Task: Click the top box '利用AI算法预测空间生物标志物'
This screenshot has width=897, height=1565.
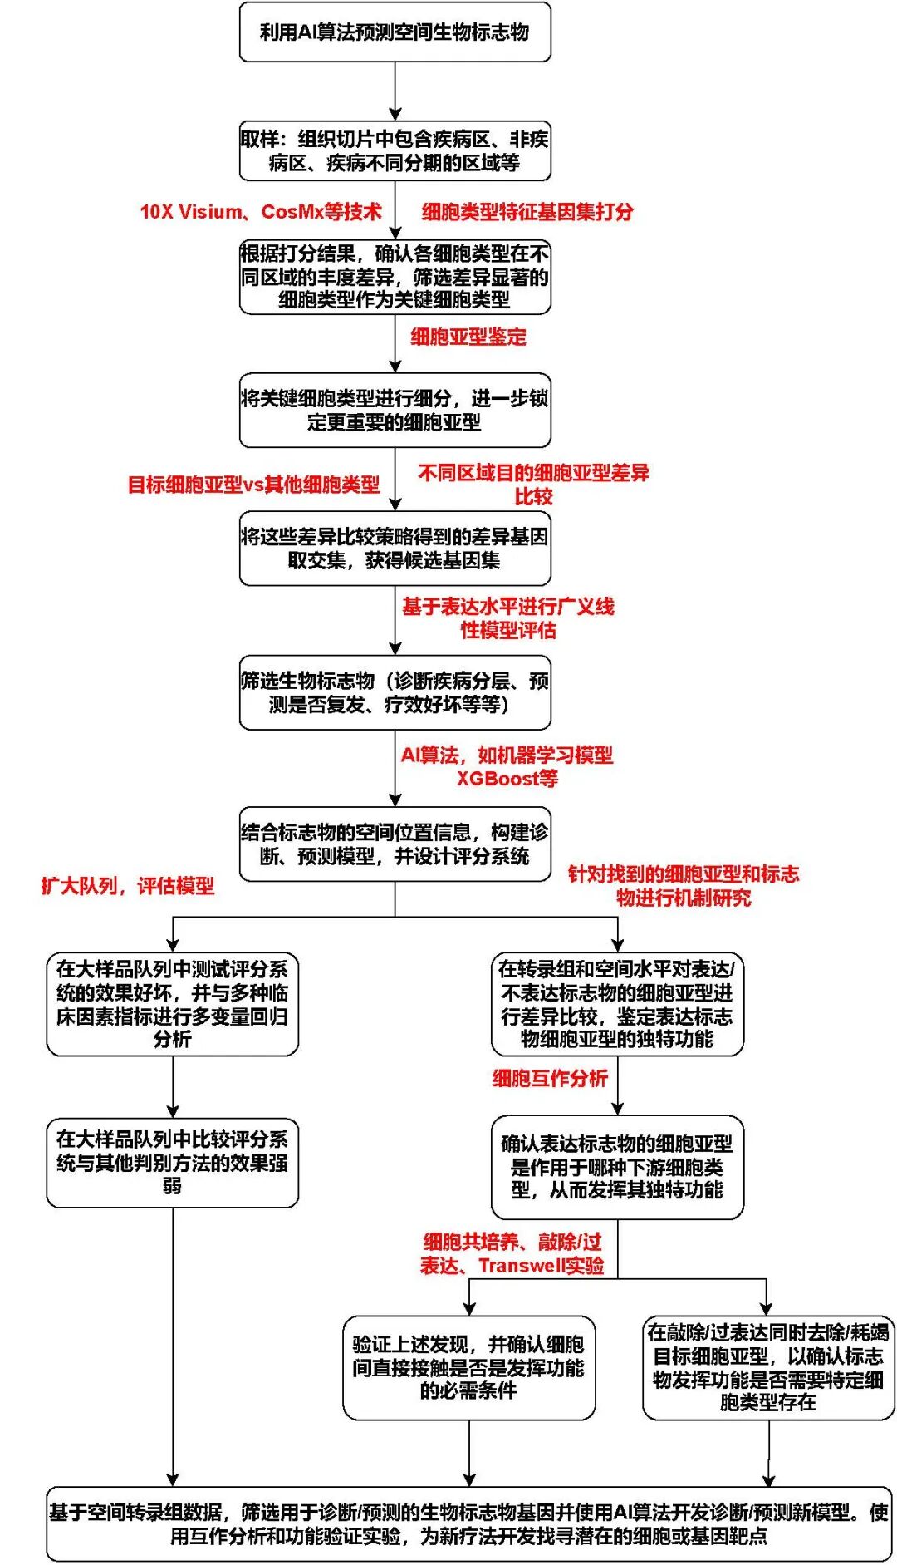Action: [x=395, y=32]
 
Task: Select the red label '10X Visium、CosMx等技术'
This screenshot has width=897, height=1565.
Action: [x=261, y=212]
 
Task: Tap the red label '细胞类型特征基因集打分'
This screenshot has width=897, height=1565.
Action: [x=527, y=212]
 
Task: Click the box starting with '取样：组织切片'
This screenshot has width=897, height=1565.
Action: [x=395, y=150]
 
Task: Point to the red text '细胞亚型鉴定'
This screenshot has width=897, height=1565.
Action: [x=468, y=337]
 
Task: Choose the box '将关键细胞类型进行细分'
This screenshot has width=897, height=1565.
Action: [x=395, y=411]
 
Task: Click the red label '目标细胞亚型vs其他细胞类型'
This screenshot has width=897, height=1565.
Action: [x=253, y=485]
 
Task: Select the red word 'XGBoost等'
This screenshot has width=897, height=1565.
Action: [x=507, y=779]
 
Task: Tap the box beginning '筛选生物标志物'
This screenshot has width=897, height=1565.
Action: [x=395, y=693]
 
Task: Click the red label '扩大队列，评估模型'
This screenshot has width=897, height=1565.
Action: [x=128, y=886]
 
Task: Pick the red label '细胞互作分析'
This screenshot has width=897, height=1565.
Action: [x=550, y=1079]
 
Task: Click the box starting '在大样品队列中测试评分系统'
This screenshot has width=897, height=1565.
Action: [x=172, y=1004]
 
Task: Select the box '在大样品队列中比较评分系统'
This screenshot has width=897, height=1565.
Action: [x=172, y=1162]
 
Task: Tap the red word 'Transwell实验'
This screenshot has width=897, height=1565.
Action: [x=541, y=1266]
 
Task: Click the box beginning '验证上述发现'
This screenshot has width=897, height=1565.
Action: [x=468, y=1367]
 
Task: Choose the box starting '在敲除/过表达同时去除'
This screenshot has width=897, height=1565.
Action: [x=768, y=1367]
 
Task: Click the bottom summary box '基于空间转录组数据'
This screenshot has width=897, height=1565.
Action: [x=468, y=1523]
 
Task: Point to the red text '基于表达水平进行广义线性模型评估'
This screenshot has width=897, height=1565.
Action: [x=508, y=618]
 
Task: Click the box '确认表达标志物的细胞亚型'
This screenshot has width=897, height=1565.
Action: [x=617, y=1167]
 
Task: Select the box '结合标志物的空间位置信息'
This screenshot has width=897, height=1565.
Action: [x=395, y=844]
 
